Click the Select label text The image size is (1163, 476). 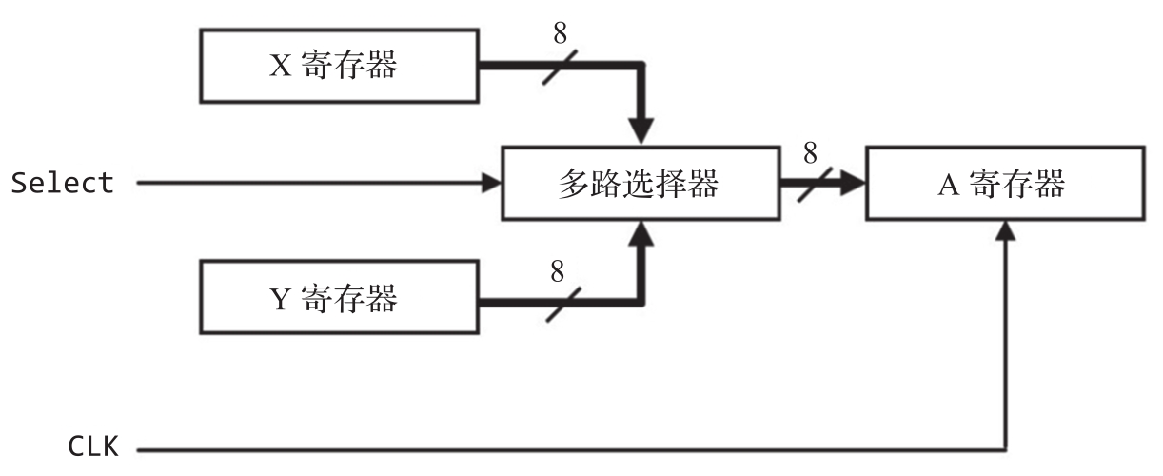[x=63, y=184]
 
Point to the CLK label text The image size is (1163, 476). [x=93, y=446]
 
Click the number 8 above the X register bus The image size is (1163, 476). [x=560, y=33]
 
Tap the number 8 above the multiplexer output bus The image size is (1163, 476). [x=810, y=152]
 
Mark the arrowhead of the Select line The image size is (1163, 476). [x=492, y=184]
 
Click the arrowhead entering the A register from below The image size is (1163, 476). [x=1006, y=230]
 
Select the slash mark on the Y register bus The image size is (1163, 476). [x=560, y=303]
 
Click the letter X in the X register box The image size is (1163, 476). [x=281, y=66]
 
